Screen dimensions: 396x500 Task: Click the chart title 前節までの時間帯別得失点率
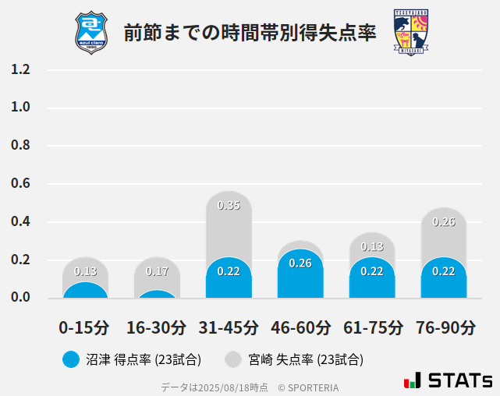click(250, 33)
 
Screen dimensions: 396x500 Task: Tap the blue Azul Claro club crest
click(91, 32)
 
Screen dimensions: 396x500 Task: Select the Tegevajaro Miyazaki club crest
click(410, 32)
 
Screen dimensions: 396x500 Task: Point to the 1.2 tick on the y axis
click(21, 69)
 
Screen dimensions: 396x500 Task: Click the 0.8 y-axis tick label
click(21, 146)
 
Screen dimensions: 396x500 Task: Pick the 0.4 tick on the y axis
click(21, 222)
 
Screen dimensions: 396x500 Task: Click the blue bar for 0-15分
click(85, 290)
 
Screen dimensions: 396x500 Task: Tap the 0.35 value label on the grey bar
click(229, 206)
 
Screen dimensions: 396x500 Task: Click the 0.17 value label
click(157, 271)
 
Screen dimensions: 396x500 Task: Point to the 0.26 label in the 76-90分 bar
click(444, 222)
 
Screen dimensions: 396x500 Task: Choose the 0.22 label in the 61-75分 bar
click(372, 271)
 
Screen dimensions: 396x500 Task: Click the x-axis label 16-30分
click(157, 326)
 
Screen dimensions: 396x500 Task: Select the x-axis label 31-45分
click(229, 326)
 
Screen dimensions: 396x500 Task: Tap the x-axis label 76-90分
click(444, 326)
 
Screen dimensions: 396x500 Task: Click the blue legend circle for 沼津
click(72, 359)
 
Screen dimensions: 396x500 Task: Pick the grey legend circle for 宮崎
click(233, 359)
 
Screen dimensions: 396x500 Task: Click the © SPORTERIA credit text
click(308, 387)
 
